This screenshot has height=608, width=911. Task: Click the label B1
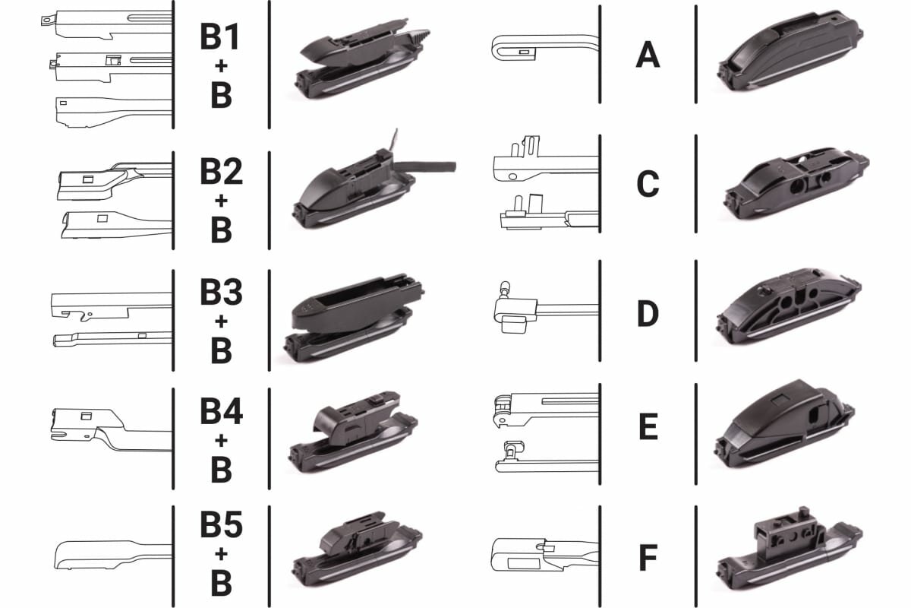point(220,36)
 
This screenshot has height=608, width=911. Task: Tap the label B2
point(221,172)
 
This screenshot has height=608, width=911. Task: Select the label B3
point(221,292)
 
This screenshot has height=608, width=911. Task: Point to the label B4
point(221,410)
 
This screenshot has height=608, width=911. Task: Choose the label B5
point(221,524)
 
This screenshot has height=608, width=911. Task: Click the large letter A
point(648,55)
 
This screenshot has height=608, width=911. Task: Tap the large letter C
point(648,183)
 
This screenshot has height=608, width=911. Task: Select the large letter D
point(648,314)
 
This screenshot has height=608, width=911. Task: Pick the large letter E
point(648,426)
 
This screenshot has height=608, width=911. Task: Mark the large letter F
point(648,558)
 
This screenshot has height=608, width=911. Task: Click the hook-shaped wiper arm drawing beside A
point(545,48)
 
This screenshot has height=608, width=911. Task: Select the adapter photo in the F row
point(790,549)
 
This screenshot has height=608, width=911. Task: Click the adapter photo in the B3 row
point(354,318)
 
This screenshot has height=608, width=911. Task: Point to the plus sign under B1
point(221,66)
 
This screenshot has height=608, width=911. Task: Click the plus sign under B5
point(221,554)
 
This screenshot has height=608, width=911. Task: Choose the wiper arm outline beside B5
point(112,555)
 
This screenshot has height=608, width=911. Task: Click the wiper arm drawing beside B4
point(111,429)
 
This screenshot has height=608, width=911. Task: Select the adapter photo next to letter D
point(789,306)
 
